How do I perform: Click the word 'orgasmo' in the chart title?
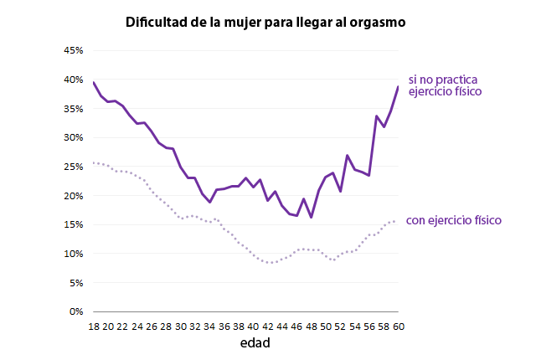(x=377, y=23)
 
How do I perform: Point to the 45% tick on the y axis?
(x=73, y=51)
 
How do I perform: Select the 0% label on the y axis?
(x=75, y=311)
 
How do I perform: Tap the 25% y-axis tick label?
(x=73, y=167)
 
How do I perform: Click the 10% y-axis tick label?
(x=73, y=254)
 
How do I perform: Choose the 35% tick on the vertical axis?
(x=73, y=109)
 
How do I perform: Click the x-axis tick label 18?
(x=94, y=326)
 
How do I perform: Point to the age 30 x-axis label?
(x=180, y=326)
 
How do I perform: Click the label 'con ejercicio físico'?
(x=453, y=221)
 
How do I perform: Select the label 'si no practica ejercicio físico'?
(x=444, y=85)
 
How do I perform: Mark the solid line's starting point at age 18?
(x=94, y=83)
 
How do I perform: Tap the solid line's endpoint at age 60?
(x=397, y=87)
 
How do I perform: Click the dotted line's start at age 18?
(x=94, y=162)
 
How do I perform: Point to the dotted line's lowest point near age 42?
(x=270, y=263)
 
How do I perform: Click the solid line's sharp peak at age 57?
(x=376, y=116)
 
